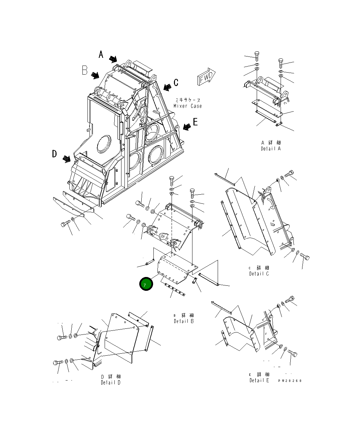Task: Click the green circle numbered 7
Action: (146, 284)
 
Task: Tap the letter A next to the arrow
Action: (101, 54)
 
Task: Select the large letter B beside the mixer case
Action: (85, 70)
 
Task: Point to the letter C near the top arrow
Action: (176, 82)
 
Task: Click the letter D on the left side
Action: (55, 154)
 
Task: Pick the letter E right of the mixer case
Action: (195, 122)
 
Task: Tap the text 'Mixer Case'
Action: (188, 106)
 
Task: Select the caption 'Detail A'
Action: (271, 148)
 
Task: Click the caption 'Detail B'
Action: (184, 321)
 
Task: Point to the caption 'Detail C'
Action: (259, 274)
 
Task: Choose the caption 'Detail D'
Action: (110, 383)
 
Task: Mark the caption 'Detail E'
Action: (259, 380)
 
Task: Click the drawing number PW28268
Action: (290, 381)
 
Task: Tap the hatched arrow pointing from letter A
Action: (113, 60)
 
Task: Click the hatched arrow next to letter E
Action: (186, 126)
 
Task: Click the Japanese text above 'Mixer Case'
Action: (188, 100)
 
